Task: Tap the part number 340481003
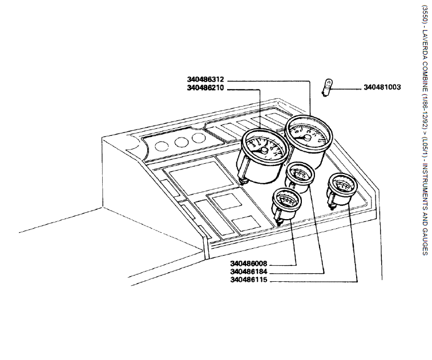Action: point(382,87)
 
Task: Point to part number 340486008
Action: point(248,264)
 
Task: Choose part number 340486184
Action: point(248,272)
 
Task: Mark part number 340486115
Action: point(248,280)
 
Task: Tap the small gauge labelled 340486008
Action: point(286,202)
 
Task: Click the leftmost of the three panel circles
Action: point(162,144)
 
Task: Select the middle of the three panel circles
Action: point(181,141)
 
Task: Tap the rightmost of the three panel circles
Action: point(198,137)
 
